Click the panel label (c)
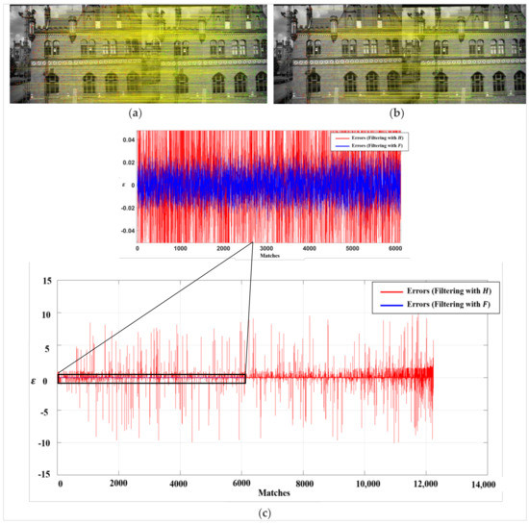265,512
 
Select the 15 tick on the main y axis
42,281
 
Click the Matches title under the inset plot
268,257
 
